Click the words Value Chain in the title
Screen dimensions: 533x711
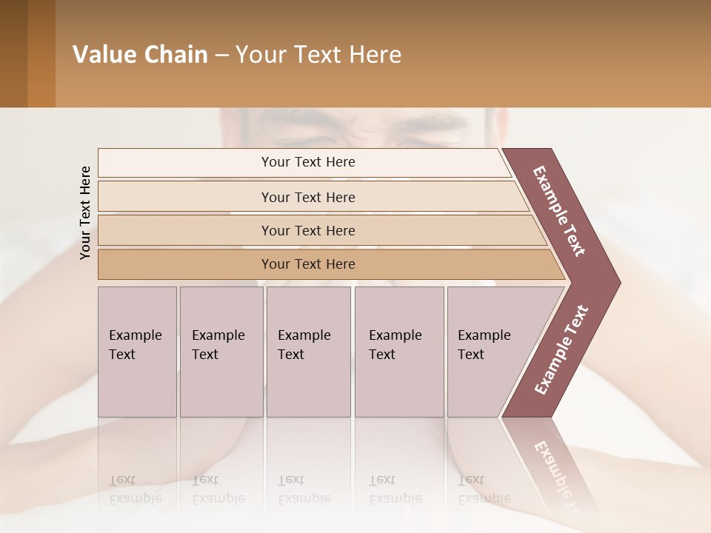[140, 55]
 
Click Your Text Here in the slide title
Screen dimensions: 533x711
[318, 55]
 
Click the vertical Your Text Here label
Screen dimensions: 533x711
[85, 212]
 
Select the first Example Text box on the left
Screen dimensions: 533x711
[137, 352]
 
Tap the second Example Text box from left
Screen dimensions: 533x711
[221, 352]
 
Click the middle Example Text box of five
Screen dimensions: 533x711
[308, 352]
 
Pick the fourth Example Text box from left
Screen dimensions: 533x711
[398, 352]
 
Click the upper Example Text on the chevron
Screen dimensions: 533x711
[559, 211]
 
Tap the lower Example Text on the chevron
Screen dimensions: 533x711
[561, 350]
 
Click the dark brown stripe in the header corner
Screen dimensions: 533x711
[13, 53]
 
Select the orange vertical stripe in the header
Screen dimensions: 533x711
[41, 53]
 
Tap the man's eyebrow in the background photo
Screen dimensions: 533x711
[437, 119]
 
